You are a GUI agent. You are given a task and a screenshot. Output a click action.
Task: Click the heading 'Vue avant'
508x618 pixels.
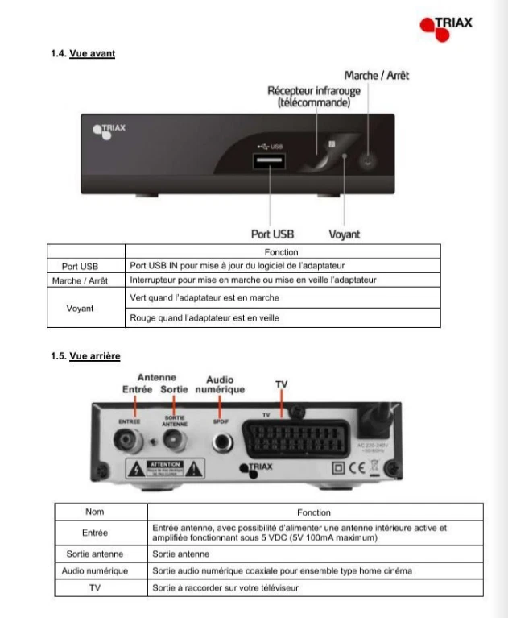pyautogui.click(x=92, y=53)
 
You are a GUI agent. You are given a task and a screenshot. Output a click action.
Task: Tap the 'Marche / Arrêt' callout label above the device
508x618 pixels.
pyautogui.click(x=376, y=75)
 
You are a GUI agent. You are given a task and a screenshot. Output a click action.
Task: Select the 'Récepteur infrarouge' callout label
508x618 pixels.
pyautogui.click(x=313, y=97)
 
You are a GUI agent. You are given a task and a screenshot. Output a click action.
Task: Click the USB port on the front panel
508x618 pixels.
pyautogui.click(x=270, y=163)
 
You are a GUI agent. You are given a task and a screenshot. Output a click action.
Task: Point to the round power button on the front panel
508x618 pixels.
pyautogui.click(x=368, y=160)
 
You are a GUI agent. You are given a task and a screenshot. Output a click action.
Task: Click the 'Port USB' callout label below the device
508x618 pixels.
pyautogui.click(x=272, y=234)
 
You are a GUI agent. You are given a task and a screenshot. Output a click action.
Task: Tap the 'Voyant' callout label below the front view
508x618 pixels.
pyautogui.click(x=345, y=234)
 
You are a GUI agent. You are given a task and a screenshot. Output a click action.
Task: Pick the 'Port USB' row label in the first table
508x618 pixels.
pyautogui.click(x=80, y=265)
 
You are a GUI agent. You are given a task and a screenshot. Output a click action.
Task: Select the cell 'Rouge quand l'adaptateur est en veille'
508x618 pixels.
pyautogui.click(x=204, y=318)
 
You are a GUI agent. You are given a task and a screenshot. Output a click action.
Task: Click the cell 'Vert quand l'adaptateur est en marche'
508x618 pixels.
pyautogui.click(x=204, y=298)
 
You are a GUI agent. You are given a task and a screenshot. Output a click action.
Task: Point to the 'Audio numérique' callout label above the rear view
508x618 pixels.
pyautogui.click(x=220, y=384)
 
